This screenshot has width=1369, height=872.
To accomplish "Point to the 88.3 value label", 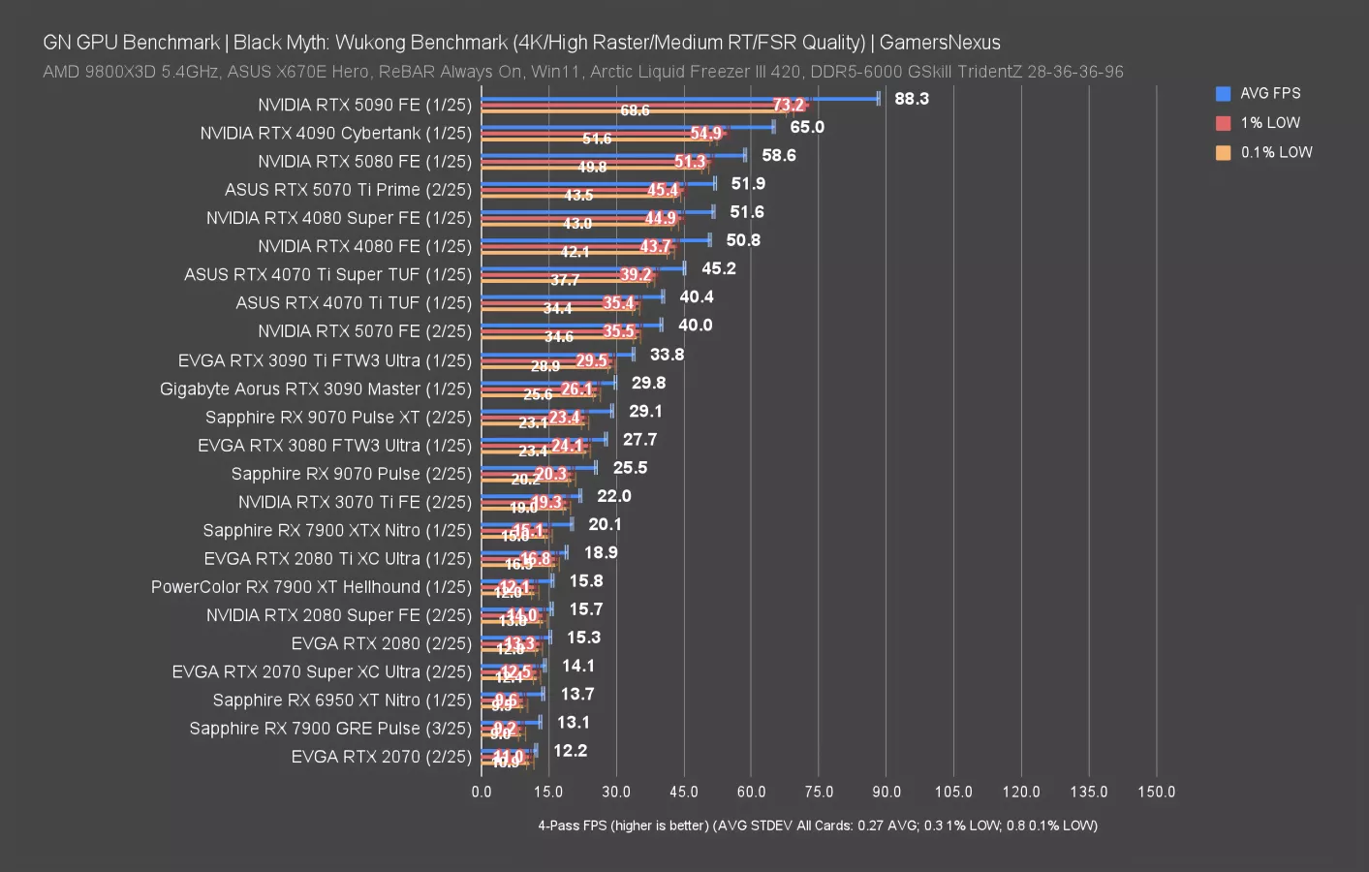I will coord(912,99).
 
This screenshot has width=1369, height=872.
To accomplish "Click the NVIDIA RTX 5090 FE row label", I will coord(364,105).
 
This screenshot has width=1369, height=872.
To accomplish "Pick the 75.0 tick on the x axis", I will coord(819,792).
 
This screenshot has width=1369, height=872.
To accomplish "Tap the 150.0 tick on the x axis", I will coord(1156,792).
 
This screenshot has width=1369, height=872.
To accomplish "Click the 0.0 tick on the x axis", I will coord(482,792).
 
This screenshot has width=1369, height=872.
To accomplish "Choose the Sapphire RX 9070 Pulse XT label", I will coord(338,418).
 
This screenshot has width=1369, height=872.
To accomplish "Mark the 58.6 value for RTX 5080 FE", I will coord(779,155).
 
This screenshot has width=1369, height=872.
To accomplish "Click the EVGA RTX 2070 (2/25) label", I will coord(381,757).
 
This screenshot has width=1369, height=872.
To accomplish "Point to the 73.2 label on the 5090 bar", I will coord(789,105).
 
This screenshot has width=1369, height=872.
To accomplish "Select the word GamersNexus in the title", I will coord(940,43).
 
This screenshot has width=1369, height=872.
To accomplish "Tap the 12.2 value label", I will coord(571,751).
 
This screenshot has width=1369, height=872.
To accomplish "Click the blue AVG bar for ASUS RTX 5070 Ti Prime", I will coord(598,183).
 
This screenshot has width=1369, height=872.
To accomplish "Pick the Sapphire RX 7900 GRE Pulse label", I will coord(330,729).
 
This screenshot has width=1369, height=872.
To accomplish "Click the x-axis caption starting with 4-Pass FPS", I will coord(818,825).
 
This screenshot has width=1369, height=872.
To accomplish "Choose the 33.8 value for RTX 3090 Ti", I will coord(668,355).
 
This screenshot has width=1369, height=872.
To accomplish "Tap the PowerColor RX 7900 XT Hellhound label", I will coord(311,587).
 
